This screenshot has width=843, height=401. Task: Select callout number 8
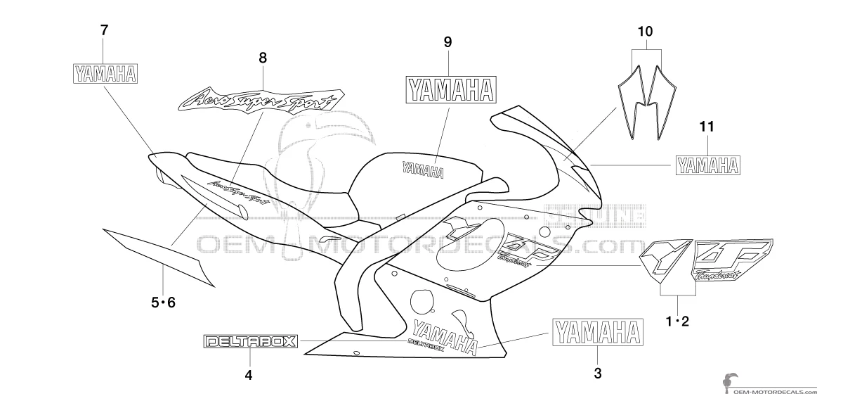tap(263, 58)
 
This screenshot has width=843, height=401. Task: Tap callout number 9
tap(447, 42)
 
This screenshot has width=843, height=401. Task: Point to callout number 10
tap(645, 32)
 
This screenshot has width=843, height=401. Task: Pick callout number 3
tap(597, 374)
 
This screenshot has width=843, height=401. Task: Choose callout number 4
tap(248, 375)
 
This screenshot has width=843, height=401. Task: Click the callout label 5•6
tap(163, 303)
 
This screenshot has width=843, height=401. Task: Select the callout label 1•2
tap(677, 322)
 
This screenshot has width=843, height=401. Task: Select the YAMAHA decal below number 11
tap(707, 165)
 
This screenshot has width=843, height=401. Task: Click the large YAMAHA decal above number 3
tap(598, 331)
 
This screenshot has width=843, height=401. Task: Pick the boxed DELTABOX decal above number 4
tap(250, 342)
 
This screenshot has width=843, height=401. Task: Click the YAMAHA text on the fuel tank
tap(422, 169)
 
